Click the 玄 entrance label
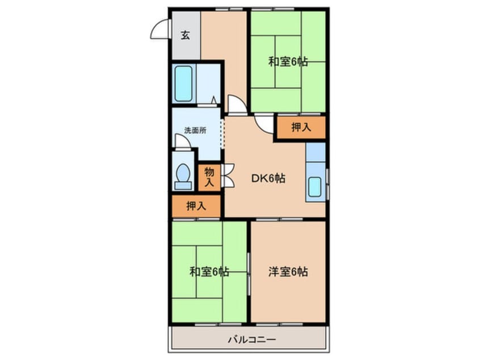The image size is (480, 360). (x=186, y=35)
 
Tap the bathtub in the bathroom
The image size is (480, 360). (x=183, y=83)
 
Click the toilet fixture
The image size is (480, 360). (x=183, y=176)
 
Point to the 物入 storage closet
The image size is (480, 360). (x=209, y=177)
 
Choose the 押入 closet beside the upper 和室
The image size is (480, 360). (x=301, y=128)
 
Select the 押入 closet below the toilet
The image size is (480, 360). (x=196, y=206)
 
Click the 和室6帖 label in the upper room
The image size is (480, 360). (x=288, y=62)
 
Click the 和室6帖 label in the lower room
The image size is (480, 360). (x=209, y=272)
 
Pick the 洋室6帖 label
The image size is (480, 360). (x=288, y=272)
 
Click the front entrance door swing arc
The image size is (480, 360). (x=160, y=29)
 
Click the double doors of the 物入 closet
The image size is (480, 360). (x=228, y=176)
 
